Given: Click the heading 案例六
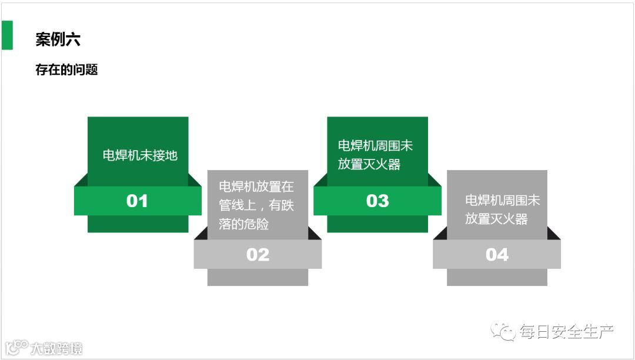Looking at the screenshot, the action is coord(58,39).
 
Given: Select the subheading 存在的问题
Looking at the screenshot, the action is coord(66,70).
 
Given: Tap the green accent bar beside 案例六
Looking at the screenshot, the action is coord(7,35).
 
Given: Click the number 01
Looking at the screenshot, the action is coord(137,201).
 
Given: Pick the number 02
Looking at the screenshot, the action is coord(258,255).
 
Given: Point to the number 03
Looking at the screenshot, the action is coord(377,201).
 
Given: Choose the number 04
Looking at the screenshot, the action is coord(497,255).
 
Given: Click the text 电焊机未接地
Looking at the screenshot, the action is coord(140,156).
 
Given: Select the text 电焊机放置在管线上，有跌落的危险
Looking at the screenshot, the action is coord(256,205).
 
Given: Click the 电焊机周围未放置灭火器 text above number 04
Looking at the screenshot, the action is coord(502,209).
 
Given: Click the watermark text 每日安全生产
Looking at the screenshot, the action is coord(566,332).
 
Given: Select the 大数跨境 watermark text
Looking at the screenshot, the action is coord(56,348).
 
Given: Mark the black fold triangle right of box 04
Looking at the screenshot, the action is coord(553,235).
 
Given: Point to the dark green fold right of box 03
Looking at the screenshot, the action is coord(434,181).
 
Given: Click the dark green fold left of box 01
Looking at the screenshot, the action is coord(81,181).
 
